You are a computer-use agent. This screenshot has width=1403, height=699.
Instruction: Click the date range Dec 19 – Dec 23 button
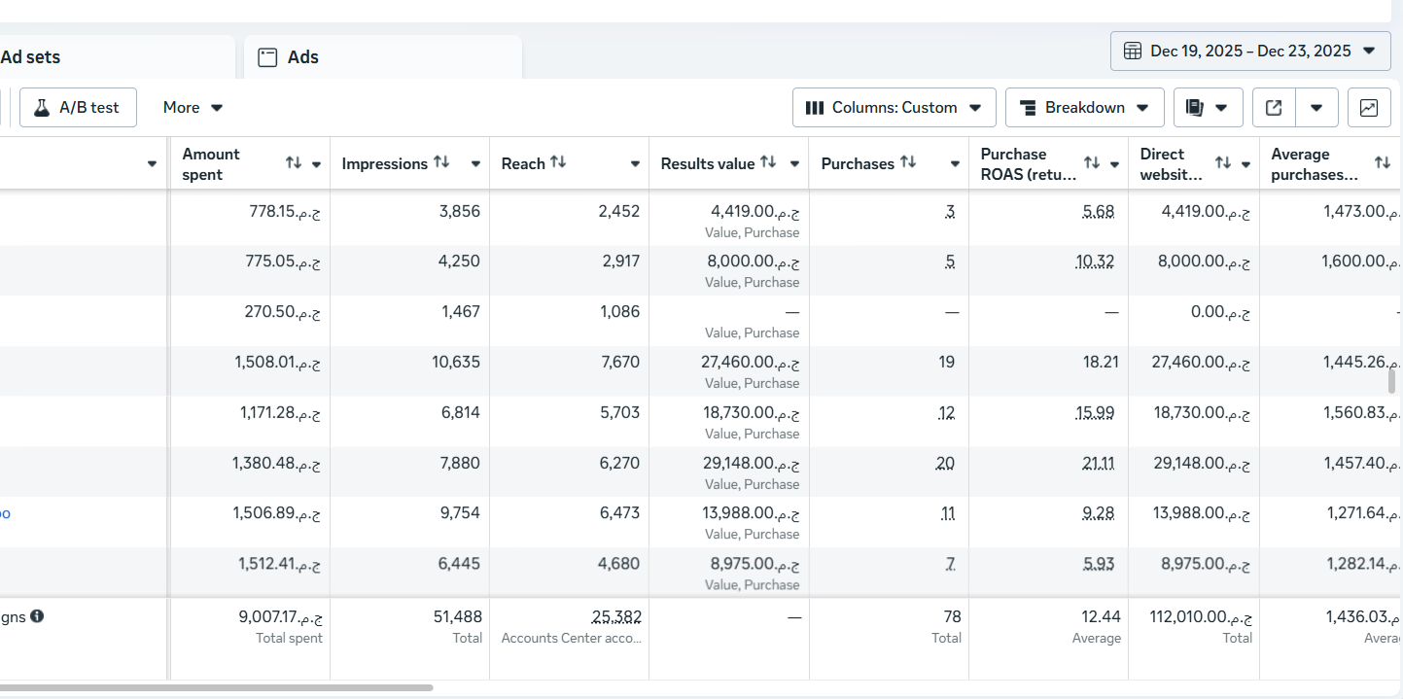(x=1250, y=51)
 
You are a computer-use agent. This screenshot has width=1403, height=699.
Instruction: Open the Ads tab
(x=302, y=57)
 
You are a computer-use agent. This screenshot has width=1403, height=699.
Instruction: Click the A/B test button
(x=78, y=108)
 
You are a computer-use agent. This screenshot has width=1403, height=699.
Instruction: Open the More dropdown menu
(x=193, y=108)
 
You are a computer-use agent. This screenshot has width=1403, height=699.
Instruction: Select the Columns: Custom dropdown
(x=894, y=108)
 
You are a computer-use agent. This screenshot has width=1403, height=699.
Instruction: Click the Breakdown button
(x=1084, y=108)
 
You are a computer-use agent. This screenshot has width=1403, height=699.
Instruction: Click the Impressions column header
(x=384, y=164)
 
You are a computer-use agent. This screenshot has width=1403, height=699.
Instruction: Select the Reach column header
(x=523, y=164)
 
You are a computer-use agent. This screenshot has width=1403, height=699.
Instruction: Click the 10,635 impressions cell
(x=456, y=363)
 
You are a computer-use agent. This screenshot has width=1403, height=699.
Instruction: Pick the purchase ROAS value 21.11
(x=1098, y=464)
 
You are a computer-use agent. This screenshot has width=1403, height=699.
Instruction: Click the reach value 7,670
(x=619, y=363)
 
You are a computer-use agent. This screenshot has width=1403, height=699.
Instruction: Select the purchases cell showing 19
(x=946, y=363)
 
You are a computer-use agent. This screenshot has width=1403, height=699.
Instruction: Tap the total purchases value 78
(x=952, y=616)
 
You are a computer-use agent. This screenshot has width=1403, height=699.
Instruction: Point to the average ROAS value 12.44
(x=1101, y=616)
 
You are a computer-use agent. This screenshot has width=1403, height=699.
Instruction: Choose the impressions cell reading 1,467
(x=460, y=312)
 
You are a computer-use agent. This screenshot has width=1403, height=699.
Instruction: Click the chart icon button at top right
(x=1368, y=108)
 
